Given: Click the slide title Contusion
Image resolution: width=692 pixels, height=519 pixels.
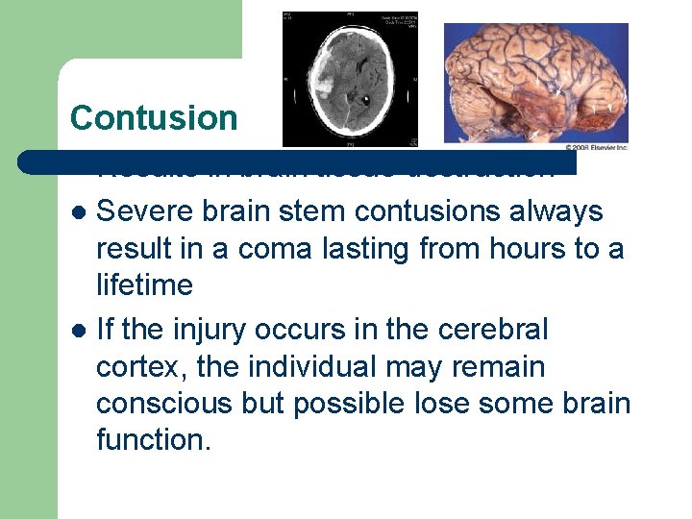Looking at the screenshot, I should pyautogui.click(x=154, y=117).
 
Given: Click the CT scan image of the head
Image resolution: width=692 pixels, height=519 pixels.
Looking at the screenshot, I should pyautogui.click(x=350, y=80).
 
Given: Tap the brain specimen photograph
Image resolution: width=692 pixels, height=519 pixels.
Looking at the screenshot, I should pyautogui.click(x=535, y=83).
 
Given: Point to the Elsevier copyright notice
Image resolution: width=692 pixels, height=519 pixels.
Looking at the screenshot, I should pyautogui.click(x=596, y=147).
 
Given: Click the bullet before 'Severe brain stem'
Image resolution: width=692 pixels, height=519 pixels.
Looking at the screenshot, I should pyautogui.click(x=79, y=211).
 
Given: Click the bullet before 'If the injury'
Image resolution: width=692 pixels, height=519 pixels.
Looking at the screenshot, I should pyautogui.click(x=79, y=331).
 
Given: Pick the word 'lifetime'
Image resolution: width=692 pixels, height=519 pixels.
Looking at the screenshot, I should pyautogui.click(x=144, y=285).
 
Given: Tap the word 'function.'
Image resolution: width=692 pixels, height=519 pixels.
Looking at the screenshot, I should pyautogui.click(x=153, y=440).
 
